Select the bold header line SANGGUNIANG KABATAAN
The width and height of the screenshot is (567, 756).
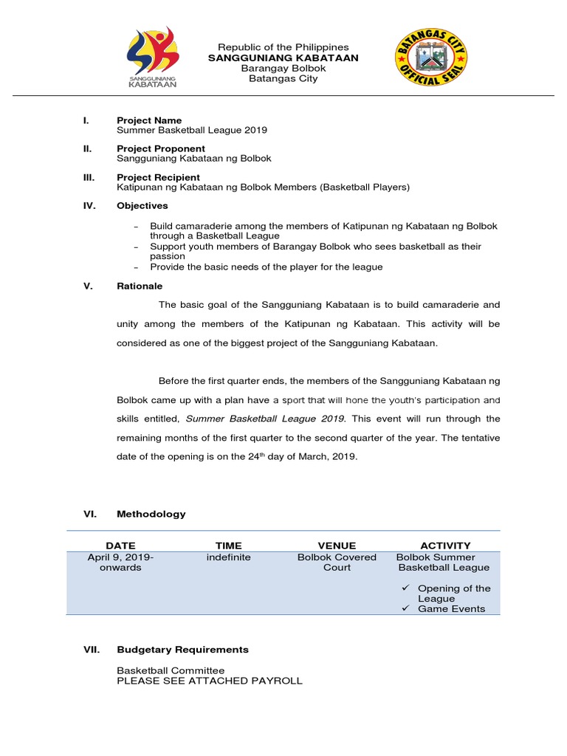[x=283, y=58]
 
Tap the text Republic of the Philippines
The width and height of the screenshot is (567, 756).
[x=283, y=47]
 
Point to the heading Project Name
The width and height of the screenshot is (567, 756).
[x=149, y=120]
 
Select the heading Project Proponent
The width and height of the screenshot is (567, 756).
[x=161, y=148]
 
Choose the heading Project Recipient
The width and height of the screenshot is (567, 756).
[x=158, y=177]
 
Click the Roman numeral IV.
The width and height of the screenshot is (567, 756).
[x=89, y=206]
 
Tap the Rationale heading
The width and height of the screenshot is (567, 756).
[x=140, y=286]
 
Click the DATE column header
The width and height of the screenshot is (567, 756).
[x=120, y=546]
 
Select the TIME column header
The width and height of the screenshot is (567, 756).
[x=228, y=546]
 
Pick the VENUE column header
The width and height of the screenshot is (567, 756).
[x=337, y=546]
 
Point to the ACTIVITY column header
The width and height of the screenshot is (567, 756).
[x=445, y=546]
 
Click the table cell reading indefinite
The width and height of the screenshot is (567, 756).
[x=228, y=557]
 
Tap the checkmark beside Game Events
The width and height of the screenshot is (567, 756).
[x=405, y=608]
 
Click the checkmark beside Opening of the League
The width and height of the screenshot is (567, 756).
[x=405, y=588]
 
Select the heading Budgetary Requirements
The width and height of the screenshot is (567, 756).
[x=182, y=650]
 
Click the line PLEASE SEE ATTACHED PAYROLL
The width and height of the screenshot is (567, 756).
[x=210, y=681]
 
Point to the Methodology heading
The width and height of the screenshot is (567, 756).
[x=151, y=514]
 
